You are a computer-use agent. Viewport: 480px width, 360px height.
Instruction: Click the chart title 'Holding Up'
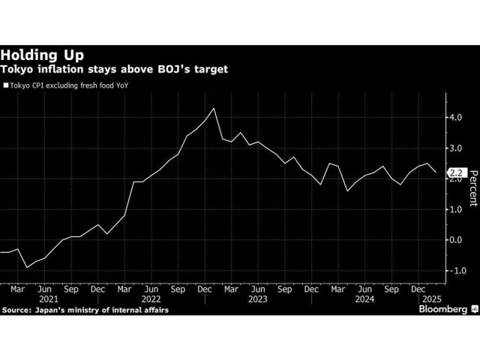pyautogui.click(x=42, y=55)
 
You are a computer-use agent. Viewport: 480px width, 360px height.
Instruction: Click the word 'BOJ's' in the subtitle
pyautogui.click(x=169, y=69)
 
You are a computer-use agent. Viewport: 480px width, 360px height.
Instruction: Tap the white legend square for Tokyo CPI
pyautogui.click(x=6, y=86)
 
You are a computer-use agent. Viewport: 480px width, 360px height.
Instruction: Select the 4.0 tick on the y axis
pyautogui.click(x=455, y=118)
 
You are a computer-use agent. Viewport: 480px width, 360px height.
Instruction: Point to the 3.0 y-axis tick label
pyautogui.click(x=455, y=148)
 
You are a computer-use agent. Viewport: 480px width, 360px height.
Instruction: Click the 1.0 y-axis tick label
pyautogui.click(x=455, y=209)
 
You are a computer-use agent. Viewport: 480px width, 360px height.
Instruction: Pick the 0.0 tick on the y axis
pyautogui.click(x=455, y=240)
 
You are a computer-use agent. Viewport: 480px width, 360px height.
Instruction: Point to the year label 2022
pyautogui.click(x=151, y=298)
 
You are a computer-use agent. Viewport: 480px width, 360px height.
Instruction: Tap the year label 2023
pyautogui.click(x=258, y=298)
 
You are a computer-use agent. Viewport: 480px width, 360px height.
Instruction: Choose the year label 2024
pyautogui.click(x=364, y=298)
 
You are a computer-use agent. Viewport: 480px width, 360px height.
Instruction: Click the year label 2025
pyautogui.click(x=427, y=298)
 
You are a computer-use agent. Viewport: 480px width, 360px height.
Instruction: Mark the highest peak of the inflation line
pyautogui.click(x=214, y=109)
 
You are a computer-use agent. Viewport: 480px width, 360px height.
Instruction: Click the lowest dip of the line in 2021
pyautogui.click(x=27, y=267)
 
